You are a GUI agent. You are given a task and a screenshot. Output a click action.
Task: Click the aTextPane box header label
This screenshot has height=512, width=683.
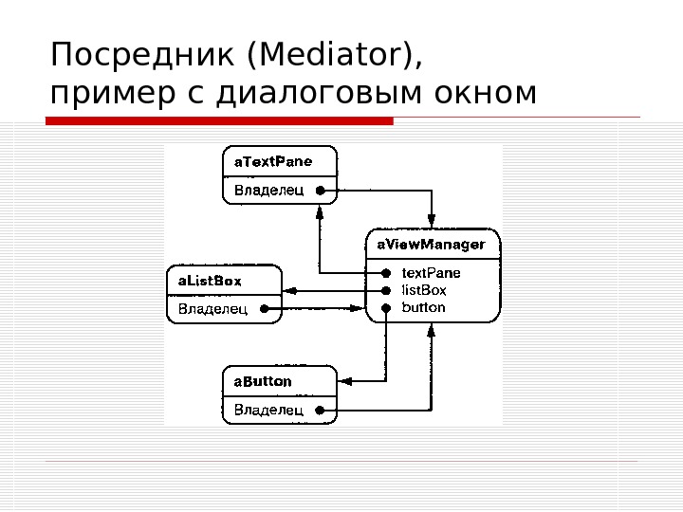273,161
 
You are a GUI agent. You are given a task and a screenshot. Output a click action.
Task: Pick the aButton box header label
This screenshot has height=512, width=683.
263,381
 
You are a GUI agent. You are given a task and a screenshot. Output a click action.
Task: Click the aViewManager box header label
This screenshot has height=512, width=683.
432,245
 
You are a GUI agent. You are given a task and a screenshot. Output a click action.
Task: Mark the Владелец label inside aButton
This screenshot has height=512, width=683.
268,410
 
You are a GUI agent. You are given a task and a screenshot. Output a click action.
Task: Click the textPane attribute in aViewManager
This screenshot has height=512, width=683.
431,273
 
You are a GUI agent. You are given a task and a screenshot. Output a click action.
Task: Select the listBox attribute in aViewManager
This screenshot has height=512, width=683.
424,290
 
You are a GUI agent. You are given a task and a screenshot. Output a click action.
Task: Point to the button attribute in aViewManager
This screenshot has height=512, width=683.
423,308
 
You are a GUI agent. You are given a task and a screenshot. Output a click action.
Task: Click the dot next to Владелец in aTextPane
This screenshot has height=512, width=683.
321,191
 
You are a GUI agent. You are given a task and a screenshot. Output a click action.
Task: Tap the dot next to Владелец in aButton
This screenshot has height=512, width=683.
321,411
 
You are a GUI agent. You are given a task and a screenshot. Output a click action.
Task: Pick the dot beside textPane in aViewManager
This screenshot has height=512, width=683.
386,273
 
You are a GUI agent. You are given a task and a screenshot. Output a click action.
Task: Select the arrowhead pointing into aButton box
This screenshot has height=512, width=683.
344,381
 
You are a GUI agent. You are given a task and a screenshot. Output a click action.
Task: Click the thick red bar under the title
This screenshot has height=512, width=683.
219,121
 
